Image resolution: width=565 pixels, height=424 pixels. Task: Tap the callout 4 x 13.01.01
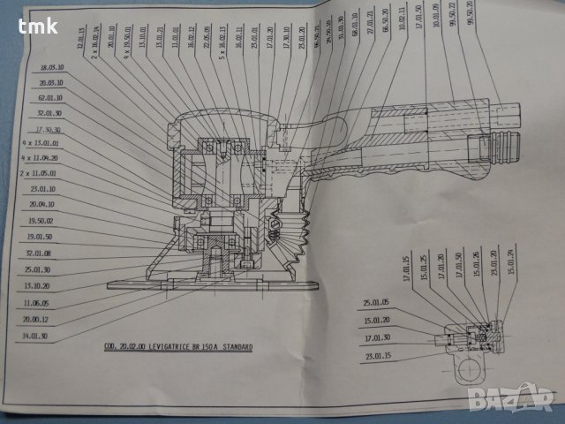click(x=41, y=143)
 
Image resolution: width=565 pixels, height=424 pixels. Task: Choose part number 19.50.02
click(x=41, y=221)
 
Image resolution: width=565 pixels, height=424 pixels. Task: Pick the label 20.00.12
click(x=38, y=319)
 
